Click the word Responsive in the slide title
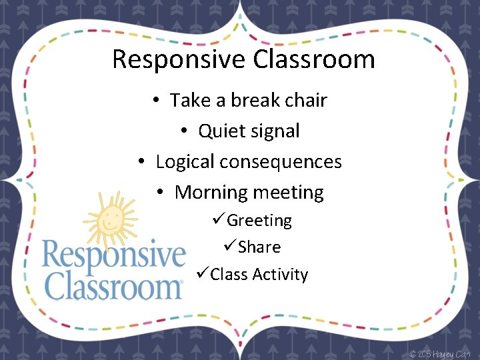pos(179,59)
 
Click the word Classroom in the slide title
pos(314,59)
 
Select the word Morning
pos(211,193)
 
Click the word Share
pos(259,247)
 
